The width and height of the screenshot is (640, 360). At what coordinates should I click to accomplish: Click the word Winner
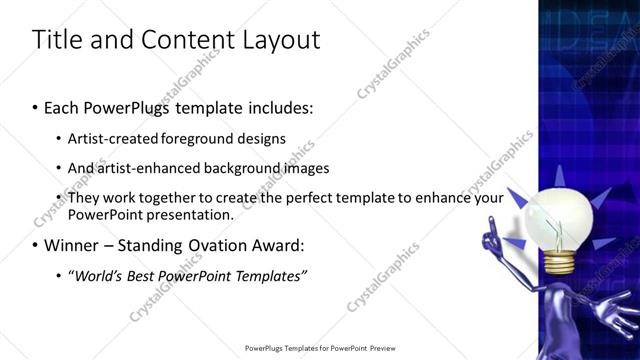pyautogui.click(x=74, y=245)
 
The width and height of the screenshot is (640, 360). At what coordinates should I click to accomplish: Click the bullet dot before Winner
pyautogui.click(x=36, y=245)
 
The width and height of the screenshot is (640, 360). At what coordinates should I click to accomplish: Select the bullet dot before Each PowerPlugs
pyautogui.click(x=36, y=106)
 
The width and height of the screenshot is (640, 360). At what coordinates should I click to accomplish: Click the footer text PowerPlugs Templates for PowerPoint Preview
pyautogui.click(x=320, y=349)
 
